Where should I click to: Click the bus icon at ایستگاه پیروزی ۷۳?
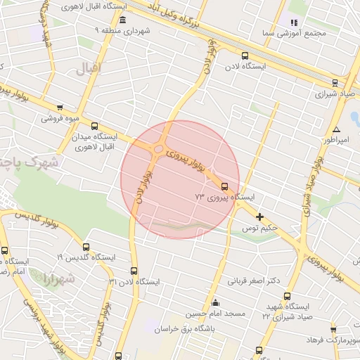pyautogui.click(x=224, y=186)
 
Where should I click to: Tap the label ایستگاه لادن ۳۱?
pyautogui.click(x=134, y=281)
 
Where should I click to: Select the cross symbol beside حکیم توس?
pyautogui.click(x=260, y=217)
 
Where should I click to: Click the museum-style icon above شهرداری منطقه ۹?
pyautogui.click(x=123, y=20)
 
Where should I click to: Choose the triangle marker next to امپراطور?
pyautogui.click(x=336, y=130)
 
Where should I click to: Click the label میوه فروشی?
pyautogui.click(x=60, y=117)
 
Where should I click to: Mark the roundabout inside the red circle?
pyautogui.click(x=159, y=149)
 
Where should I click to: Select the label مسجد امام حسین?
pyautogui.click(x=214, y=313)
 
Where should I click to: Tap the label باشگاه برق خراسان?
pyautogui.click(x=209, y=328)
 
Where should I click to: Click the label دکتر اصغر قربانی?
pyautogui.click(x=253, y=281)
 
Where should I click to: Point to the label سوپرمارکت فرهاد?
pyautogui.click(x=333, y=340)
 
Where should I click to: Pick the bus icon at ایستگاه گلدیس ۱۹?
pyautogui.click(x=86, y=247)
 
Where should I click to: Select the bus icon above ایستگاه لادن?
pyautogui.click(x=245, y=56)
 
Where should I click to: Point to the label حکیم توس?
pyautogui.click(x=260, y=229)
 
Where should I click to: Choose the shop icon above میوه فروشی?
pyautogui.click(x=59, y=107)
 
